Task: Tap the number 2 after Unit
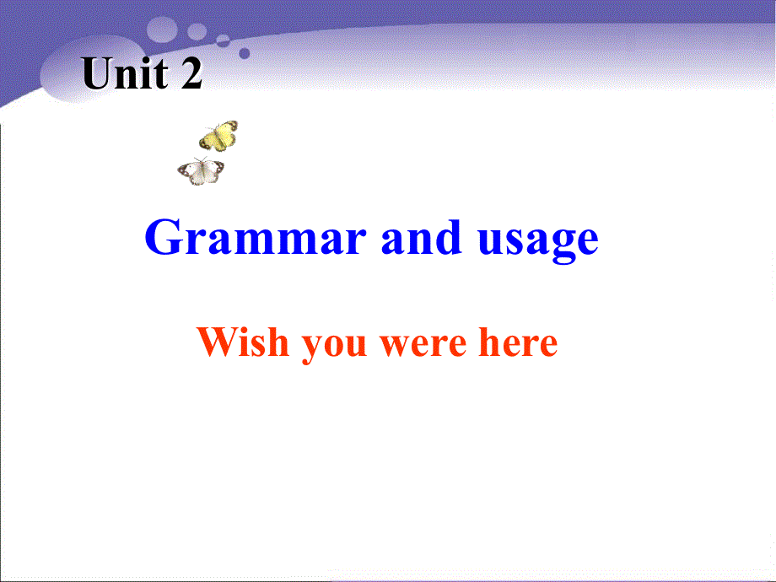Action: [191, 75]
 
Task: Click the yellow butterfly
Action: [218, 136]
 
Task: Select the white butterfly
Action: [201, 170]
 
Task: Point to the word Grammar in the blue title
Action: [256, 239]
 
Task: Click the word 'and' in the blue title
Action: [422, 239]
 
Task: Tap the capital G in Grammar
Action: [161, 239]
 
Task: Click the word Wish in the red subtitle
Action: [241, 342]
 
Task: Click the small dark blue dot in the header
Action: [245, 52]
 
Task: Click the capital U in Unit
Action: [99, 75]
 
